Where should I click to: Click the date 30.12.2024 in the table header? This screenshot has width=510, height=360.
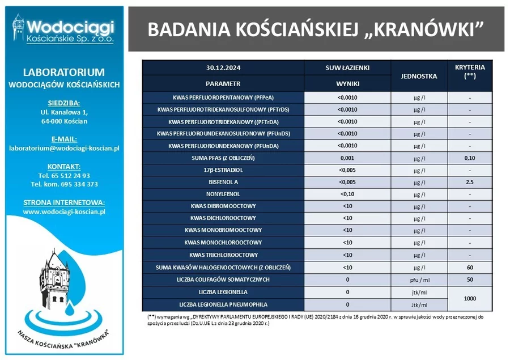coord(223,67)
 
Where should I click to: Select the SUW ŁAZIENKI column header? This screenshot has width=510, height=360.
coord(347,67)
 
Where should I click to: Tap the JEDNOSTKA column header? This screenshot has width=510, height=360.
coord(419,75)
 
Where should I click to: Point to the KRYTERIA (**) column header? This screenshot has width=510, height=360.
coord(470,71)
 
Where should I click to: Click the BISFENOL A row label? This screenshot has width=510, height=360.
coord(223,182)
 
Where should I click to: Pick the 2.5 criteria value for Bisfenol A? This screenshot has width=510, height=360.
coord(470,182)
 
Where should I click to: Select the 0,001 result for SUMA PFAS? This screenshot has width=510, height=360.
coord(347,158)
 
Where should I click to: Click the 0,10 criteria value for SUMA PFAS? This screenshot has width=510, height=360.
coord(470,158)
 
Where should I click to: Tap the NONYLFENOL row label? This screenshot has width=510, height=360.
coord(223,194)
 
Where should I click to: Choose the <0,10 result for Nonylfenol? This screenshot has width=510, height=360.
coord(347,194)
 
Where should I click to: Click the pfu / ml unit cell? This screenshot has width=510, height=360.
coord(419,279)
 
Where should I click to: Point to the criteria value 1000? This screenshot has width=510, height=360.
coord(470,298)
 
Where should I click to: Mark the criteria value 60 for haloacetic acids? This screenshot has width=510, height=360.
coord(470,267)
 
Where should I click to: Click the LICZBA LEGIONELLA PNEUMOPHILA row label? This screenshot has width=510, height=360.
coord(223,304)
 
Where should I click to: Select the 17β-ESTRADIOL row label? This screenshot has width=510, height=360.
coord(223,170)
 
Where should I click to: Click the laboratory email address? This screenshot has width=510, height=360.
coord(64,149)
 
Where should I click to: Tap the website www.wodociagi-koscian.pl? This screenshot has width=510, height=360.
coord(64,212)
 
